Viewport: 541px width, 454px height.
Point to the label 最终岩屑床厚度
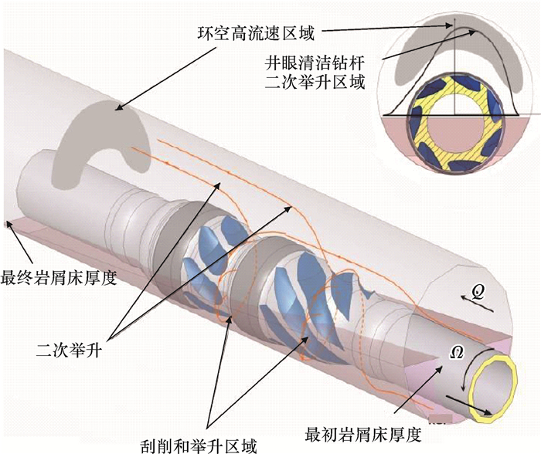click(x=59, y=277)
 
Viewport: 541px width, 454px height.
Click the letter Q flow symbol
click(x=479, y=292)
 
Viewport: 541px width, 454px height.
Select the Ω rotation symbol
click(x=456, y=351)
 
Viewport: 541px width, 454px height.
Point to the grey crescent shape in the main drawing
click(x=108, y=139)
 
